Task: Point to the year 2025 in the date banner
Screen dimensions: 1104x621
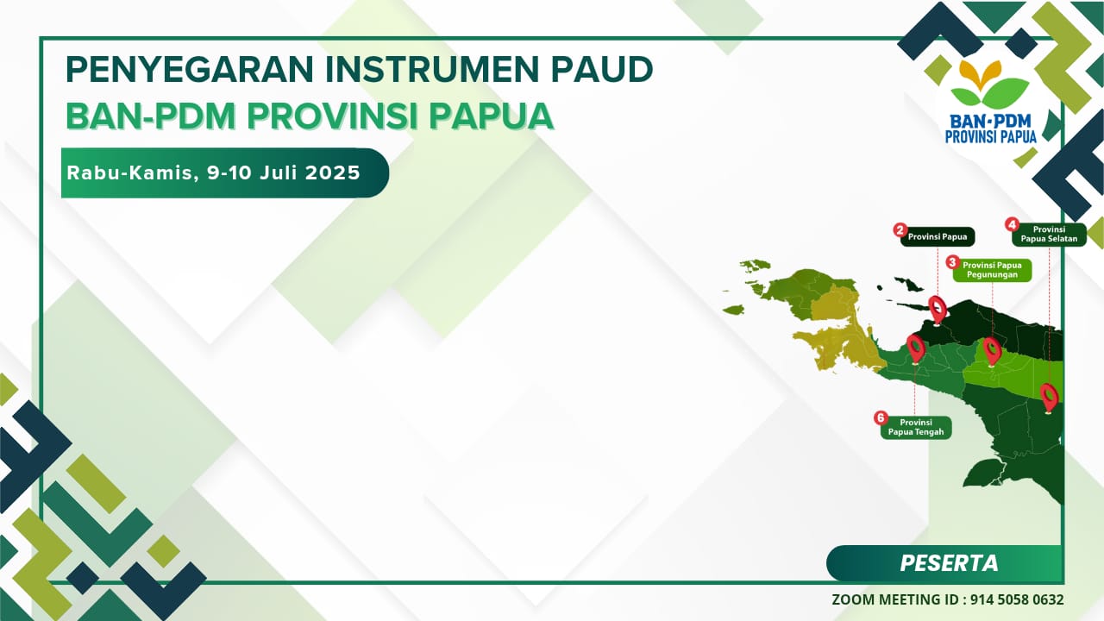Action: point(333,172)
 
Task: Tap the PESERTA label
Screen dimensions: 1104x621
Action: point(949,563)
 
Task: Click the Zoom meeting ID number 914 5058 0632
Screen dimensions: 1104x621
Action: point(1017,599)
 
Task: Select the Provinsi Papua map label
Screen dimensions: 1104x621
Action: point(938,236)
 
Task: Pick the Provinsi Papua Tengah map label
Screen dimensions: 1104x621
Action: point(916,427)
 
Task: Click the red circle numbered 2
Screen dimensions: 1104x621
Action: point(900,229)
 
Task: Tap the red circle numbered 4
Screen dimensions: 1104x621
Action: point(1012,225)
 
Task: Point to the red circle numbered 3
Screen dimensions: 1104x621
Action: point(952,262)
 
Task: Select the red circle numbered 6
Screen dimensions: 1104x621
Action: point(881,418)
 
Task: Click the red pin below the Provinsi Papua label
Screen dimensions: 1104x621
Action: point(938,310)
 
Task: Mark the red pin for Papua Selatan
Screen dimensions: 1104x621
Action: point(1050,398)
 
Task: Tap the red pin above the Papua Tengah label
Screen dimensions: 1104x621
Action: point(916,348)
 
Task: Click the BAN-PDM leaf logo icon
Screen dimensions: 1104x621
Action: point(989,84)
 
